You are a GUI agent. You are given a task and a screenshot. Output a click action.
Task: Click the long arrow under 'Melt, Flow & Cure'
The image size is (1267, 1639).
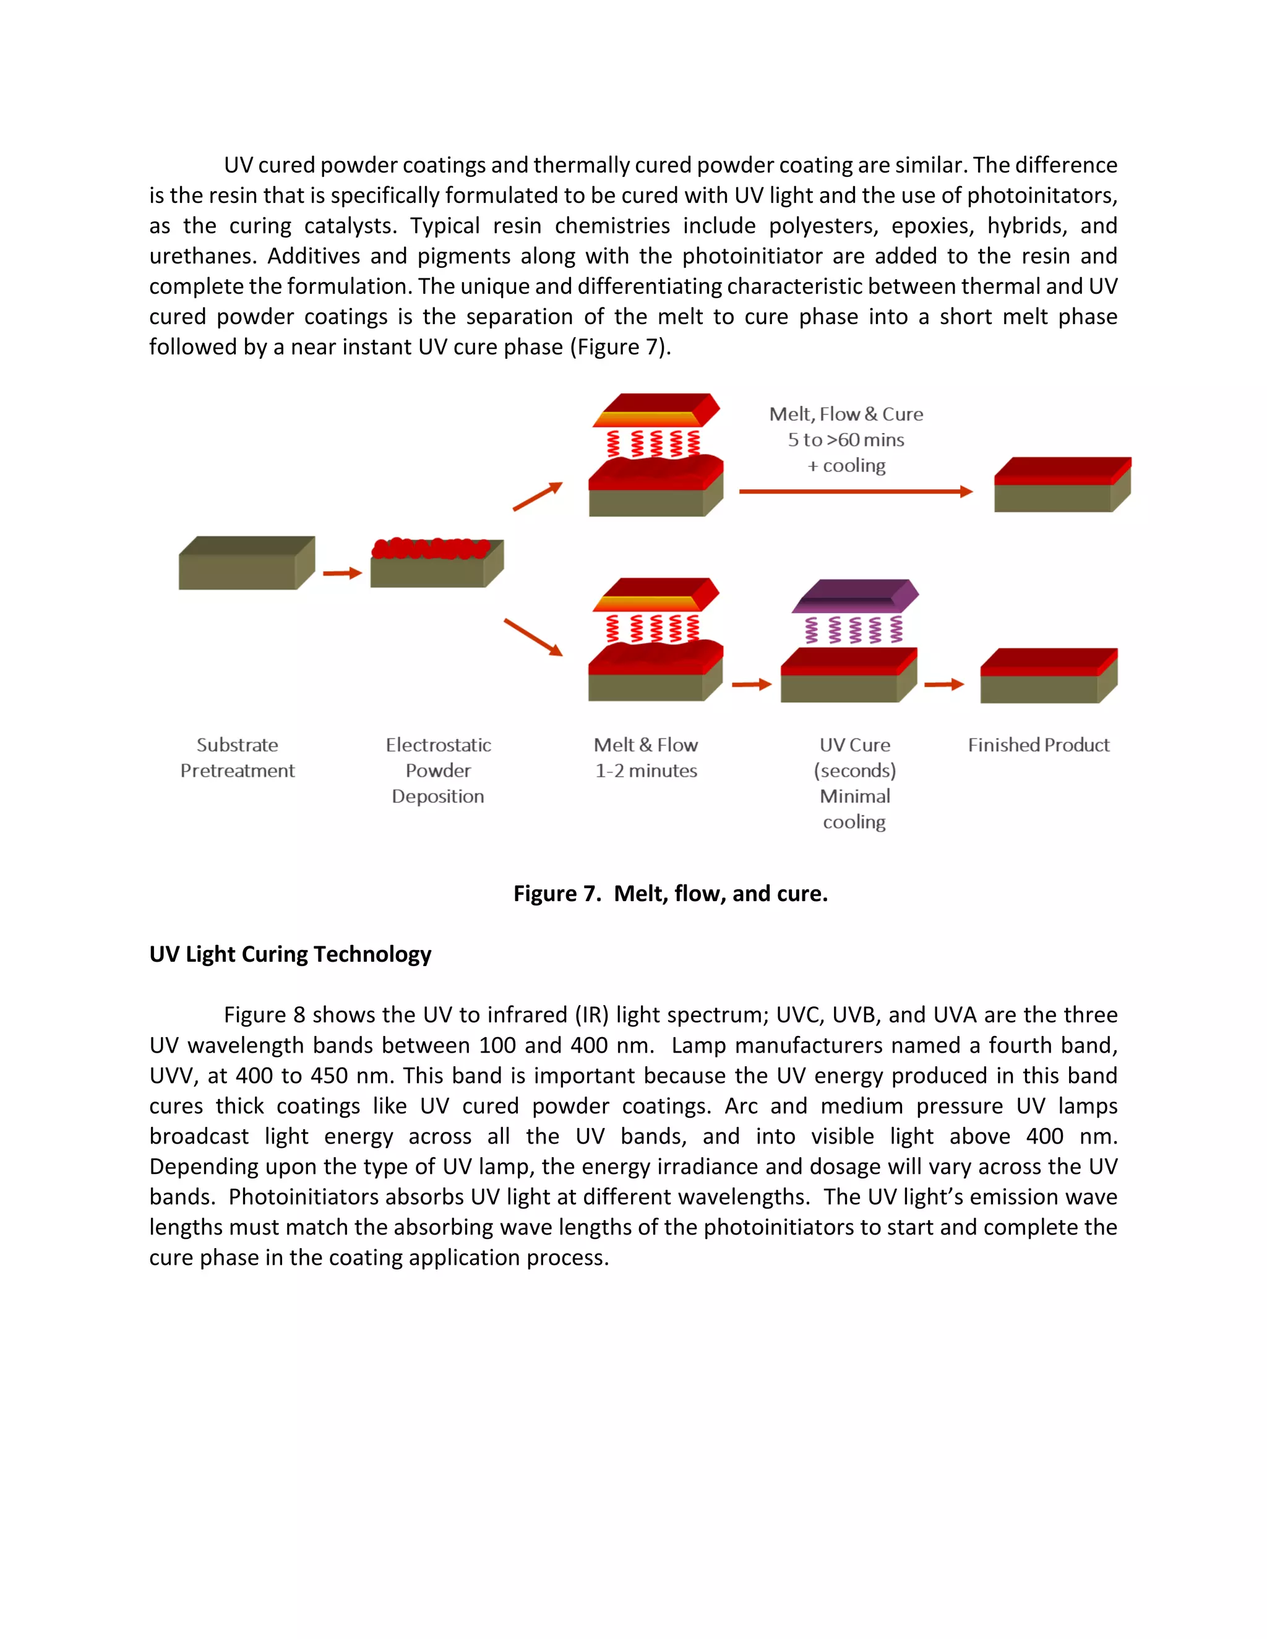pyautogui.click(x=856, y=492)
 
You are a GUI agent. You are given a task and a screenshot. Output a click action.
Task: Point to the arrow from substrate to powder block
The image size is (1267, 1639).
pyautogui.click(x=342, y=573)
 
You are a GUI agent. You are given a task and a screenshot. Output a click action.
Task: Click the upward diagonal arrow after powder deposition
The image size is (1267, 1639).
pyautogui.click(x=538, y=497)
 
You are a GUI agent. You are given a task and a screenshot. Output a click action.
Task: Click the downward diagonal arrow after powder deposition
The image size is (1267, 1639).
pyautogui.click(x=533, y=637)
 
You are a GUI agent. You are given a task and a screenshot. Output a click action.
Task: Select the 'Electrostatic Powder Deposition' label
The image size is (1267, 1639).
pyautogui.click(x=439, y=770)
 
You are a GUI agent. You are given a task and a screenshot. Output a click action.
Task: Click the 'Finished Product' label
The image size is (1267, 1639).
pyautogui.click(x=1038, y=745)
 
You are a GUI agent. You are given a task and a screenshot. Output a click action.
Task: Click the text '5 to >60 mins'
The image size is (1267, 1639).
pyautogui.click(x=846, y=440)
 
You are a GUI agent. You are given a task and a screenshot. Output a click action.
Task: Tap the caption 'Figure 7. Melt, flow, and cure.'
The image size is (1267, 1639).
pyautogui.click(x=670, y=894)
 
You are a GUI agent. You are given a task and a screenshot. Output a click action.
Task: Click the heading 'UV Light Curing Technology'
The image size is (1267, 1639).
pyautogui.click(x=291, y=954)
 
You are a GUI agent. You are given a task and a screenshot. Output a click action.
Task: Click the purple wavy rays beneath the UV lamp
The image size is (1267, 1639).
pyautogui.click(x=854, y=630)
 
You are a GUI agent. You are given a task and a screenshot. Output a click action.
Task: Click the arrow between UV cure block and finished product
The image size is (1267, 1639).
pyautogui.click(x=943, y=685)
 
